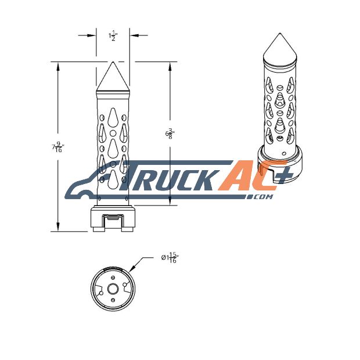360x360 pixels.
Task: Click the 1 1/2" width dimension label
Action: click(113, 36)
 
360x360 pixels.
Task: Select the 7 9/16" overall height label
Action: click(58, 147)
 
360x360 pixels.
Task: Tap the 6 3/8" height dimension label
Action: click(170, 134)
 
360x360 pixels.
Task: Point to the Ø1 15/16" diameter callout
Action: click(170, 258)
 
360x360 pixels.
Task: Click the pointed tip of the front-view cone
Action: click(113, 62)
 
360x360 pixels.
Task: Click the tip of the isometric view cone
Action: click(279, 34)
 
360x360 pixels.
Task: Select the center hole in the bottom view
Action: click(113, 289)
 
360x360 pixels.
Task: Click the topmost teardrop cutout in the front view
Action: click(113, 117)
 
